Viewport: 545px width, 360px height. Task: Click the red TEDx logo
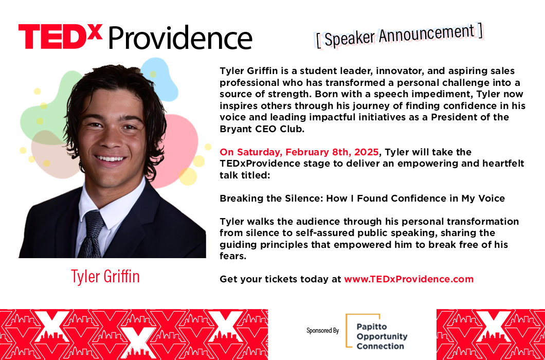61,36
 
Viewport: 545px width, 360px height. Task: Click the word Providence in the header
180,38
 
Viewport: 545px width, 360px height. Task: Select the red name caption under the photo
105,276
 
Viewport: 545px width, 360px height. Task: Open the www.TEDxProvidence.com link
409,279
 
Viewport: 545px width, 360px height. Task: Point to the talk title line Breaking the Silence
362,199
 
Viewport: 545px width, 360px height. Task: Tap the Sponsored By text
322,331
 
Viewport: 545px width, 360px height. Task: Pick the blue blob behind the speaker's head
160,79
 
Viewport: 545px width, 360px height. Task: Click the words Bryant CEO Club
262,129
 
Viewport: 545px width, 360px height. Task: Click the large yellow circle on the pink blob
188,177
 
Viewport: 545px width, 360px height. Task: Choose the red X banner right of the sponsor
491,334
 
